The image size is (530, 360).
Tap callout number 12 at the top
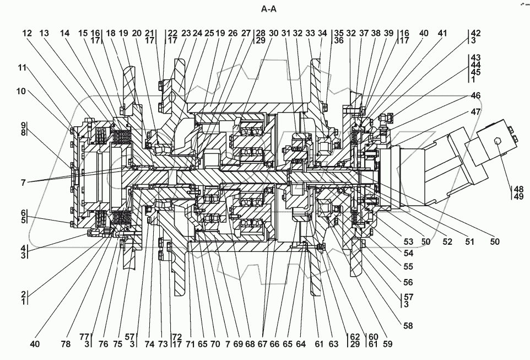(x=28, y=33)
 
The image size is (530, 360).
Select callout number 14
(x=65, y=33)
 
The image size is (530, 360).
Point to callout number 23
(x=186, y=33)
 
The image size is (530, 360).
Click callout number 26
(x=232, y=33)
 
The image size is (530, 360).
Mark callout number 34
(x=323, y=33)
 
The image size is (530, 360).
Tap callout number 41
(x=442, y=33)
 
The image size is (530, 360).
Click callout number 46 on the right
(x=475, y=96)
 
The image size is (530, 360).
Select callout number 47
(x=475, y=111)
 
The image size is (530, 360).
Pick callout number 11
(x=21, y=68)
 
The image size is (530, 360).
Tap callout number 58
(x=408, y=326)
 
